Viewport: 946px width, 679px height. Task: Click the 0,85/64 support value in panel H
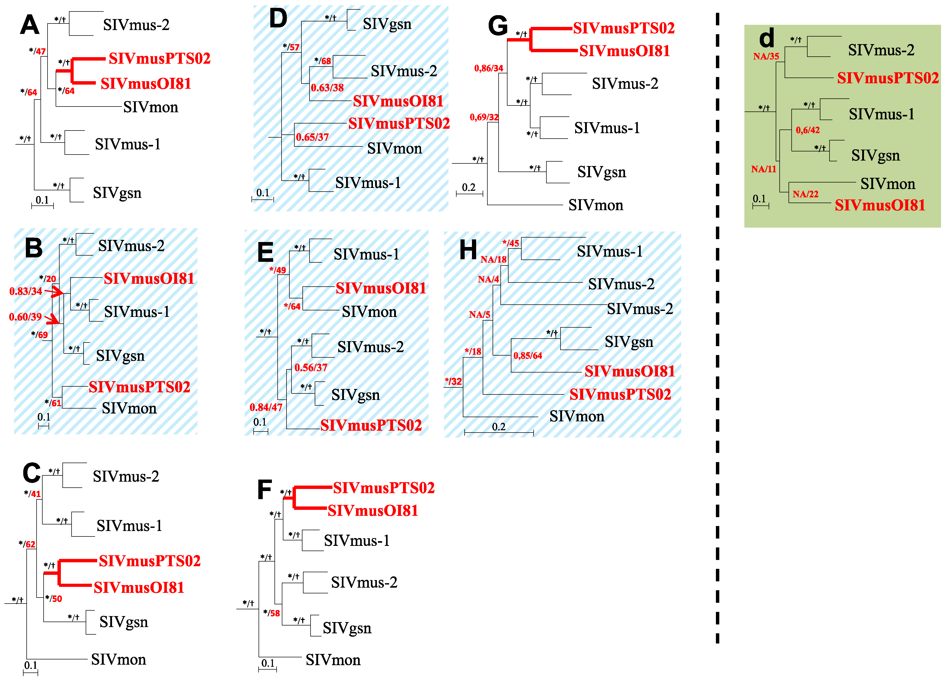click(527, 356)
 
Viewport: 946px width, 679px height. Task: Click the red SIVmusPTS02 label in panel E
click(371, 425)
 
